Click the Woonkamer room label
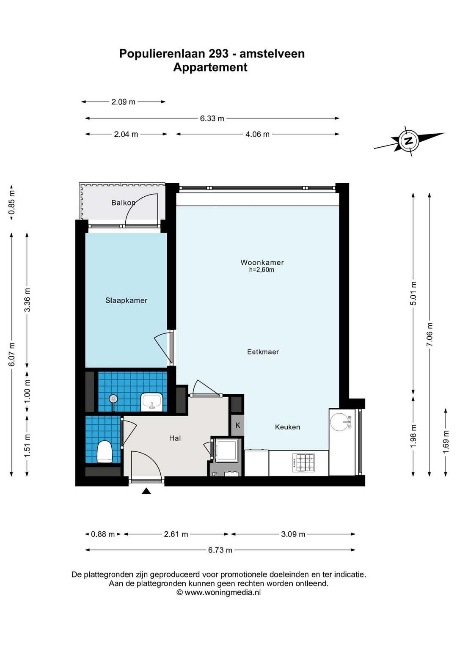coord(262,262)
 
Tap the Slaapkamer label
coord(126,300)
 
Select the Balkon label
coord(123,203)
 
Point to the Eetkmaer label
coord(263,352)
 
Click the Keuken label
coord(287,427)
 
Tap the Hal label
coord(175,438)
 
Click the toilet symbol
coord(105,452)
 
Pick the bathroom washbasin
coord(152,402)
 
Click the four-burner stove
coord(303,463)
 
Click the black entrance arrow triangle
coord(146,491)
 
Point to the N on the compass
coord(408,141)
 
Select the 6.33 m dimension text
coord(212,118)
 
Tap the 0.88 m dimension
coord(103,534)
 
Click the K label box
coord(238,426)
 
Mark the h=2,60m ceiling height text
coord(262,270)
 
